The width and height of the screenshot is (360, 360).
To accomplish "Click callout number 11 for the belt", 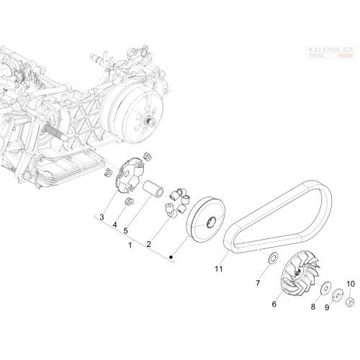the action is (x=219, y=269).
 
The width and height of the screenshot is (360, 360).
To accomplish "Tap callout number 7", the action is (x=258, y=284).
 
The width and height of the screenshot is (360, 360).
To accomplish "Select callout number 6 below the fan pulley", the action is (x=274, y=304).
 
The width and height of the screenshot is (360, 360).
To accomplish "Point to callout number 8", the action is (x=313, y=307).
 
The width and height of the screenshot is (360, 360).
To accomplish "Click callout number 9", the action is (x=327, y=307).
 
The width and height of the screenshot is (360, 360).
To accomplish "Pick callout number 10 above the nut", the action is (x=351, y=284).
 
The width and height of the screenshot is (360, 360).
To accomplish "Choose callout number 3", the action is (x=102, y=217).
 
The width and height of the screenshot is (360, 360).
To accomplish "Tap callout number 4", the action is (x=114, y=225).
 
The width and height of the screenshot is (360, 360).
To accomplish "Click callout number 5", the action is (x=125, y=231).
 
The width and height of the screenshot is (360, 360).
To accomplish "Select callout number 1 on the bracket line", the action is (x=130, y=246).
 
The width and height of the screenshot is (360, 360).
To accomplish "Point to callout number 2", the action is (x=149, y=244).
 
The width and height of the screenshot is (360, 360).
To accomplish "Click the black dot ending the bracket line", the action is (x=171, y=257).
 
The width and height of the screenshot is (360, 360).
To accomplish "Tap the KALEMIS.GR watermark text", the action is (x=330, y=50).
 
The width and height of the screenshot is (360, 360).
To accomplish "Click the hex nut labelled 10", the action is (x=350, y=302).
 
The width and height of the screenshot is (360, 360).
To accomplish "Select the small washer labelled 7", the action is (x=273, y=258).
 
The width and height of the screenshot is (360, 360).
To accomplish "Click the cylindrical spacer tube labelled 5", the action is (x=153, y=189).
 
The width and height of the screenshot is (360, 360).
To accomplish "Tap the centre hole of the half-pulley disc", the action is (x=212, y=222).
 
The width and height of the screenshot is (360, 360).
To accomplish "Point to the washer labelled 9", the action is (x=338, y=294).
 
